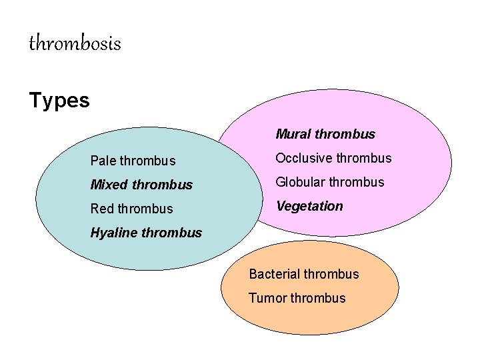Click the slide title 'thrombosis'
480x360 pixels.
75,44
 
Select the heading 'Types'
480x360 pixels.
59,101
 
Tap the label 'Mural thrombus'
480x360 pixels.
325,134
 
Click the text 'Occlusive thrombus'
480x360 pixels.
333,158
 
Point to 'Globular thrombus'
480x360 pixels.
330,182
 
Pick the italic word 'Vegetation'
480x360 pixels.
309,206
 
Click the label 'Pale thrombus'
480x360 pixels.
133,161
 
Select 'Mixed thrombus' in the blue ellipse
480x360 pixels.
141,185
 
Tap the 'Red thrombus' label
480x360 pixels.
131,209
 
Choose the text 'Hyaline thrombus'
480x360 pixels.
146,233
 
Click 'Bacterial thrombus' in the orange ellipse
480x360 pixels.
303,274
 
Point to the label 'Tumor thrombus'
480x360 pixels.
297,298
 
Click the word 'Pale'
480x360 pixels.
103,161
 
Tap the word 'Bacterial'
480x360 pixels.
275,274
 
